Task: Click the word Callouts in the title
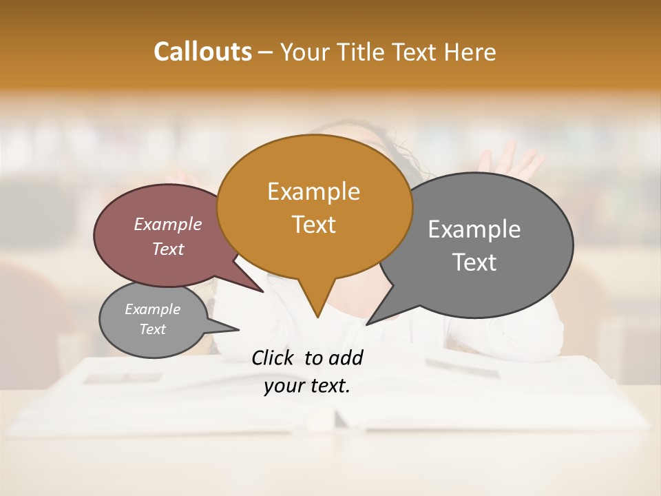click(x=202, y=52)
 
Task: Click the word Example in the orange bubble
click(x=313, y=192)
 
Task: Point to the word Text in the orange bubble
click(x=313, y=225)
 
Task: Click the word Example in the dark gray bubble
click(x=474, y=229)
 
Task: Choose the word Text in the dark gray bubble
click(x=474, y=262)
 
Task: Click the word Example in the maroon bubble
click(x=167, y=224)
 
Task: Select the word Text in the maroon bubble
click(x=167, y=249)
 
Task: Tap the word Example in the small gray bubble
click(x=152, y=309)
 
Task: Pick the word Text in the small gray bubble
click(x=152, y=329)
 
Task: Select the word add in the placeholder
click(x=345, y=358)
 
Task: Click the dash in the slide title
click(x=266, y=52)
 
